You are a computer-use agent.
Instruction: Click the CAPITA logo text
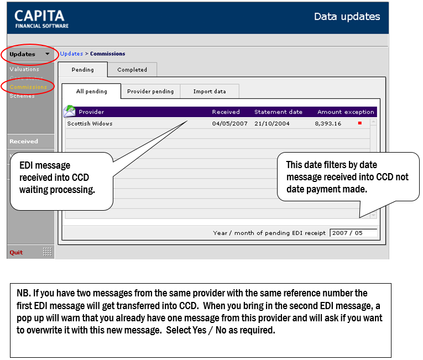[39, 16]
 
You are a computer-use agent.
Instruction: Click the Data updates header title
[347, 17]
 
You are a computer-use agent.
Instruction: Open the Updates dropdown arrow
[48, 54]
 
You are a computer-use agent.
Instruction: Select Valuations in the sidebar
[24, 69]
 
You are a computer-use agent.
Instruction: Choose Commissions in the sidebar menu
[28, 87]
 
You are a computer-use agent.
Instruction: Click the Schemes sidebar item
[22, 96]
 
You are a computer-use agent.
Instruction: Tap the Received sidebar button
[24, 141]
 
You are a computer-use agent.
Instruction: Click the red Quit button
[16, 252]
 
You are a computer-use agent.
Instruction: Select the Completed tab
[132, 70]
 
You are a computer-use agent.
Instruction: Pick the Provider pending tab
[150, 91]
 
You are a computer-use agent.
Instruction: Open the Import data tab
[210, 91]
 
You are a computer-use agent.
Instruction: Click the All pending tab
[91, 91]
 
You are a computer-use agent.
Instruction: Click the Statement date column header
[278, 112]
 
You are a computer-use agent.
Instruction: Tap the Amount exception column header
[346, 112]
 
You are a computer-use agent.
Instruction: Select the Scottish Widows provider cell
[90, 124]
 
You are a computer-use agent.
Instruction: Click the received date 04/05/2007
[229, 124]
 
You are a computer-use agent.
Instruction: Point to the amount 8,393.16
[328, 124]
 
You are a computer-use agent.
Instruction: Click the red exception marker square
[359, 123]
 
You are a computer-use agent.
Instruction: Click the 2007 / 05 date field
[353, 233]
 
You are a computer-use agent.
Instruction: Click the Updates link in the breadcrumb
[71, 54]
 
